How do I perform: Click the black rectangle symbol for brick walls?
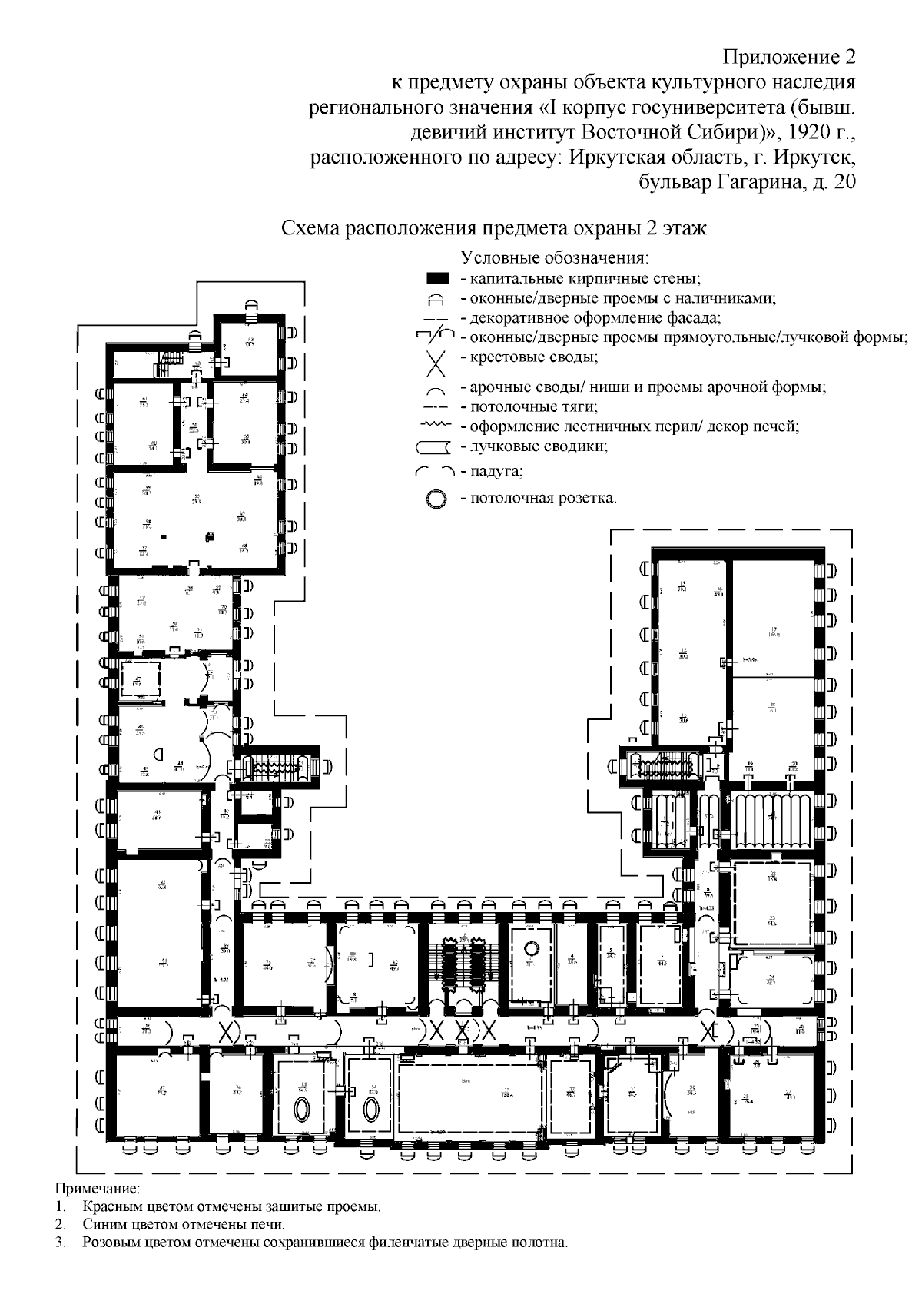pos(437,277)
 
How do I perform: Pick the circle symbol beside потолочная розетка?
pos(436,499)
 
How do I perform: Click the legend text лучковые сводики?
pos(539,446)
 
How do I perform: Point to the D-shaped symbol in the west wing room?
pos(158,755)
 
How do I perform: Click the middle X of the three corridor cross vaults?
pos(461,1031)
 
